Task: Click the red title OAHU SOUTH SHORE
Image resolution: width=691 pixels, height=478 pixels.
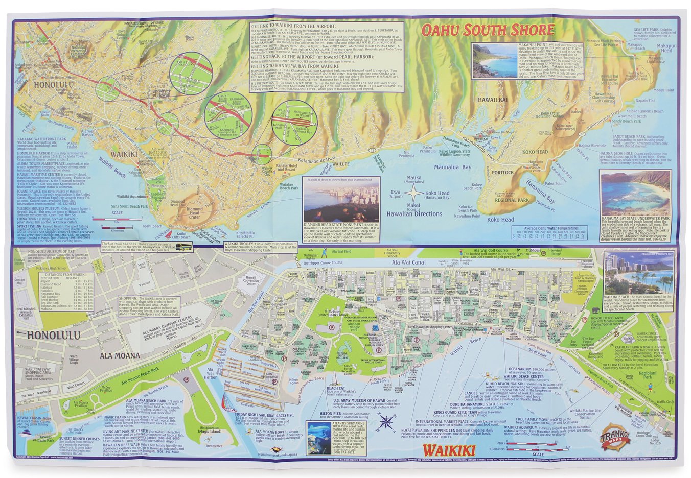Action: point(487,31)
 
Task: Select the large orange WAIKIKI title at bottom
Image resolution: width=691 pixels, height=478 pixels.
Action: point(449,450)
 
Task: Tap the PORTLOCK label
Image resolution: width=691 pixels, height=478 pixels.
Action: point(503,172)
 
